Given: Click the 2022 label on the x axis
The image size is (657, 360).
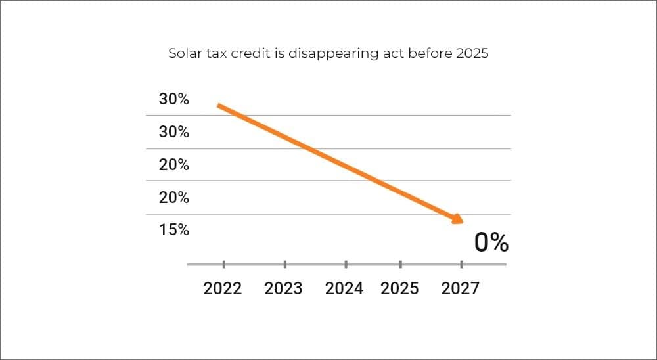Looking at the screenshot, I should click(x=223, y=288).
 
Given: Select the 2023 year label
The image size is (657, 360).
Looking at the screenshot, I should click(x=283, y=288).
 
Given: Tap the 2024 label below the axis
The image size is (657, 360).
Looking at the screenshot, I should click(x=344, y=288).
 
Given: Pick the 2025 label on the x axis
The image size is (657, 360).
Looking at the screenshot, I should click(x=399, y=288).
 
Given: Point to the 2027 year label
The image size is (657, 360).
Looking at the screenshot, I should click(x=461, y=288).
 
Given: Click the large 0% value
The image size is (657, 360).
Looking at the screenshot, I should click(x=491, y=243).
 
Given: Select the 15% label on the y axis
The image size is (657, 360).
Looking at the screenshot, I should click(x=173, y=230).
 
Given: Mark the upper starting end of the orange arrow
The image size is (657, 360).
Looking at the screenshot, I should click(x=219, y=106).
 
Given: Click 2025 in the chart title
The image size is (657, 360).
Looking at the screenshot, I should click(x=472, y=54).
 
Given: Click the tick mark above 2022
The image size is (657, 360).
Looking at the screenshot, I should click(x=223, y=264).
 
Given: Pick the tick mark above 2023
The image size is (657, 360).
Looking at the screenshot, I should click(x=284, y=264).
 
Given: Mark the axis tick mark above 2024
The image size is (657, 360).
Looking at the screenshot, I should click(x=346, y=264).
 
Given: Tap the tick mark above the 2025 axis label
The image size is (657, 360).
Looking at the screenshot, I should click(x=400, y=264).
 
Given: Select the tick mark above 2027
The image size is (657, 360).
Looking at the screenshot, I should click(x=461, y=264).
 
